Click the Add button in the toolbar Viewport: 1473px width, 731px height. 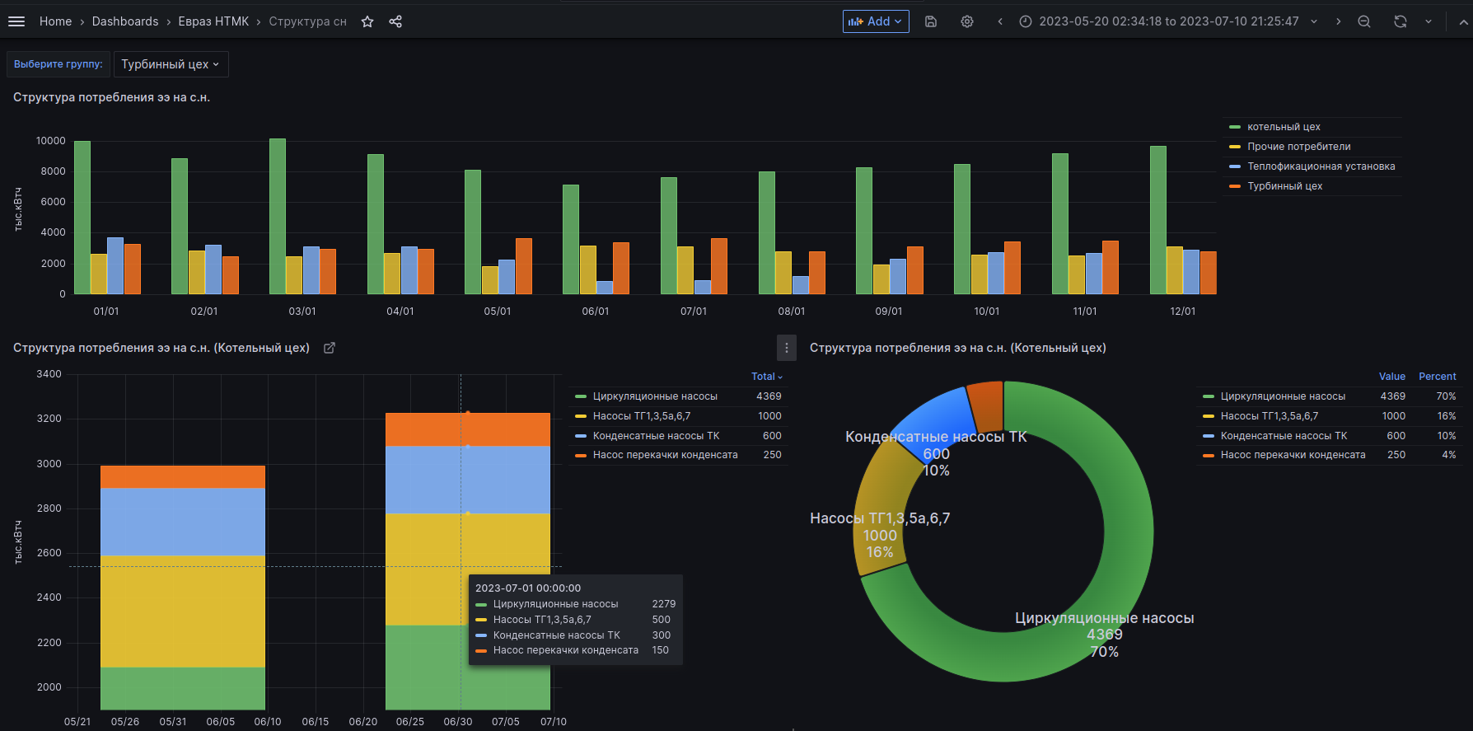click(x=875, y=21)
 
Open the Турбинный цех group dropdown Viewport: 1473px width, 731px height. click(x=171, y=64)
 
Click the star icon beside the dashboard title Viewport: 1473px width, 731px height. click(x=367, y=21)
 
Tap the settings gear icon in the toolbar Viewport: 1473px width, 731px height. click(x=967, y=21)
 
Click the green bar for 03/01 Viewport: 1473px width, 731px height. click(x=278, y=216)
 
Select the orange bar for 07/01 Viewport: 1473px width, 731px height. click(x=719, y=266)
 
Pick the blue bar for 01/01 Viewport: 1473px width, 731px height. click(x=115, y=265)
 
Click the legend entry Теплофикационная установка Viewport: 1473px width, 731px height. click(x=1321, y=166)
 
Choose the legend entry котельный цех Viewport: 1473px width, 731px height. click(x=1284, y=127)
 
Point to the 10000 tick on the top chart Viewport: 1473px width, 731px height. click(x=51, y=141)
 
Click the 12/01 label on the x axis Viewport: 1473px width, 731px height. click(x=1182, y=311)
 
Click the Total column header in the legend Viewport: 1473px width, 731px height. click(x=765, y=377)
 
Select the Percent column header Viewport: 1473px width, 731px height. click(x=1437, y=377)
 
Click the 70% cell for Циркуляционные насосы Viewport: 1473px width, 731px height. click(x=1446, y=396)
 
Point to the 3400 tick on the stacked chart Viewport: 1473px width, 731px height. click(x=49, y=374)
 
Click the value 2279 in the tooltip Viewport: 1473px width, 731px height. click(x=663, y=604)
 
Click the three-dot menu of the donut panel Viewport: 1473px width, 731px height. click(x=787, y=348)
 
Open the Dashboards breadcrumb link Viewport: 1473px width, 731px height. click(x=125, y=21)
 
